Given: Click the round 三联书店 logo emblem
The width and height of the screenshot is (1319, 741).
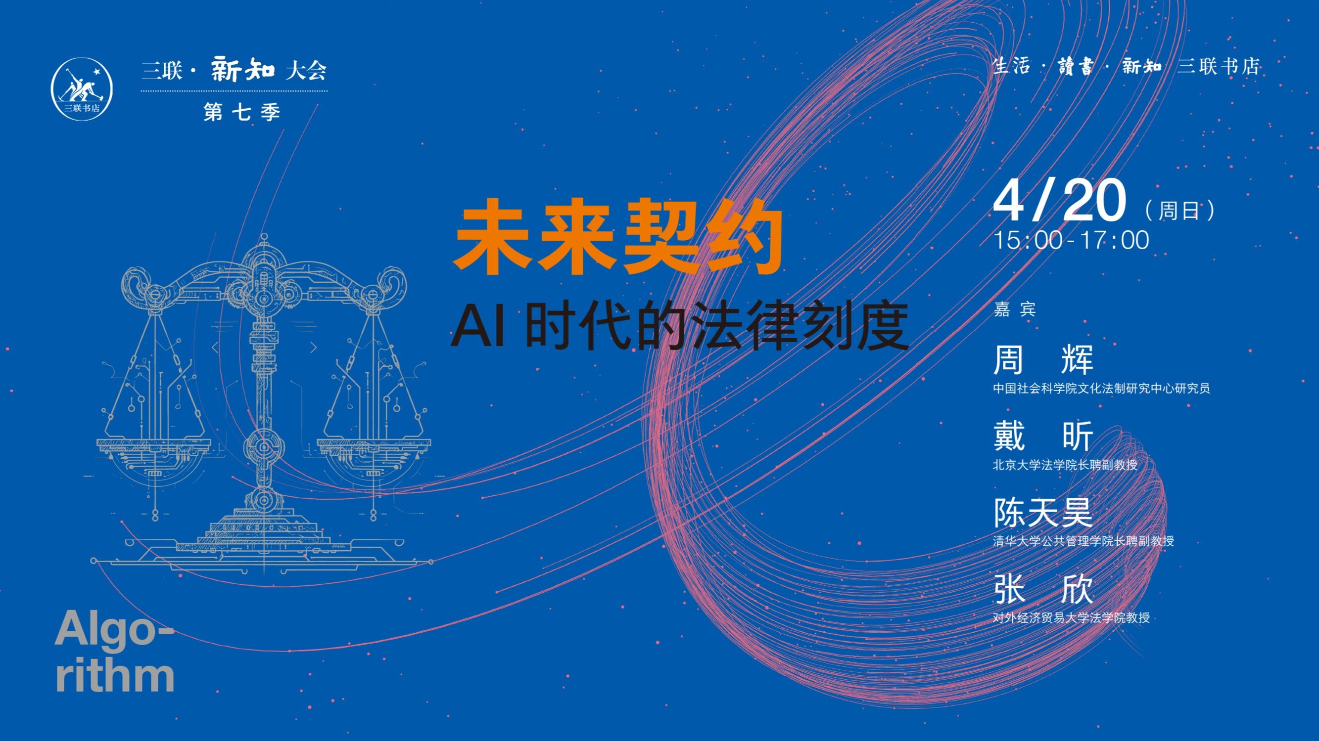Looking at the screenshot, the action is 82,89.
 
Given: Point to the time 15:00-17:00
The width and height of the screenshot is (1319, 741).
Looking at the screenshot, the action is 1071,241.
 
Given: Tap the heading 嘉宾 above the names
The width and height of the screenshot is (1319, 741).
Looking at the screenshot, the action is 1014,309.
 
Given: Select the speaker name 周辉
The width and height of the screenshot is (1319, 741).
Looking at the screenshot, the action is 1043,359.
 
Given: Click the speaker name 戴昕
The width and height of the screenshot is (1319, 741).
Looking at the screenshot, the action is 1043,436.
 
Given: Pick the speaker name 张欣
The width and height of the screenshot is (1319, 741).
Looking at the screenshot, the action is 1043,589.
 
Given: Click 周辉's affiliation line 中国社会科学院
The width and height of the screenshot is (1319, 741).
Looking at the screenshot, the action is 1101,389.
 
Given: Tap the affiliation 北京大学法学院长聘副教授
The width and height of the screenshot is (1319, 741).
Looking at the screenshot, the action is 1065,465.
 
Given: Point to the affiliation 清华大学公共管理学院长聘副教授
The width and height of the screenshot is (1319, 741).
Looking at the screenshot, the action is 1083,541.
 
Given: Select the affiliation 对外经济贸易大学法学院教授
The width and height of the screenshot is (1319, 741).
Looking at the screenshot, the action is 1071,618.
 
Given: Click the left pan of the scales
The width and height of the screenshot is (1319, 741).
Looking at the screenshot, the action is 153,461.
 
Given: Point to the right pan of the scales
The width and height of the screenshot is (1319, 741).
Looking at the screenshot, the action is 374,461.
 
